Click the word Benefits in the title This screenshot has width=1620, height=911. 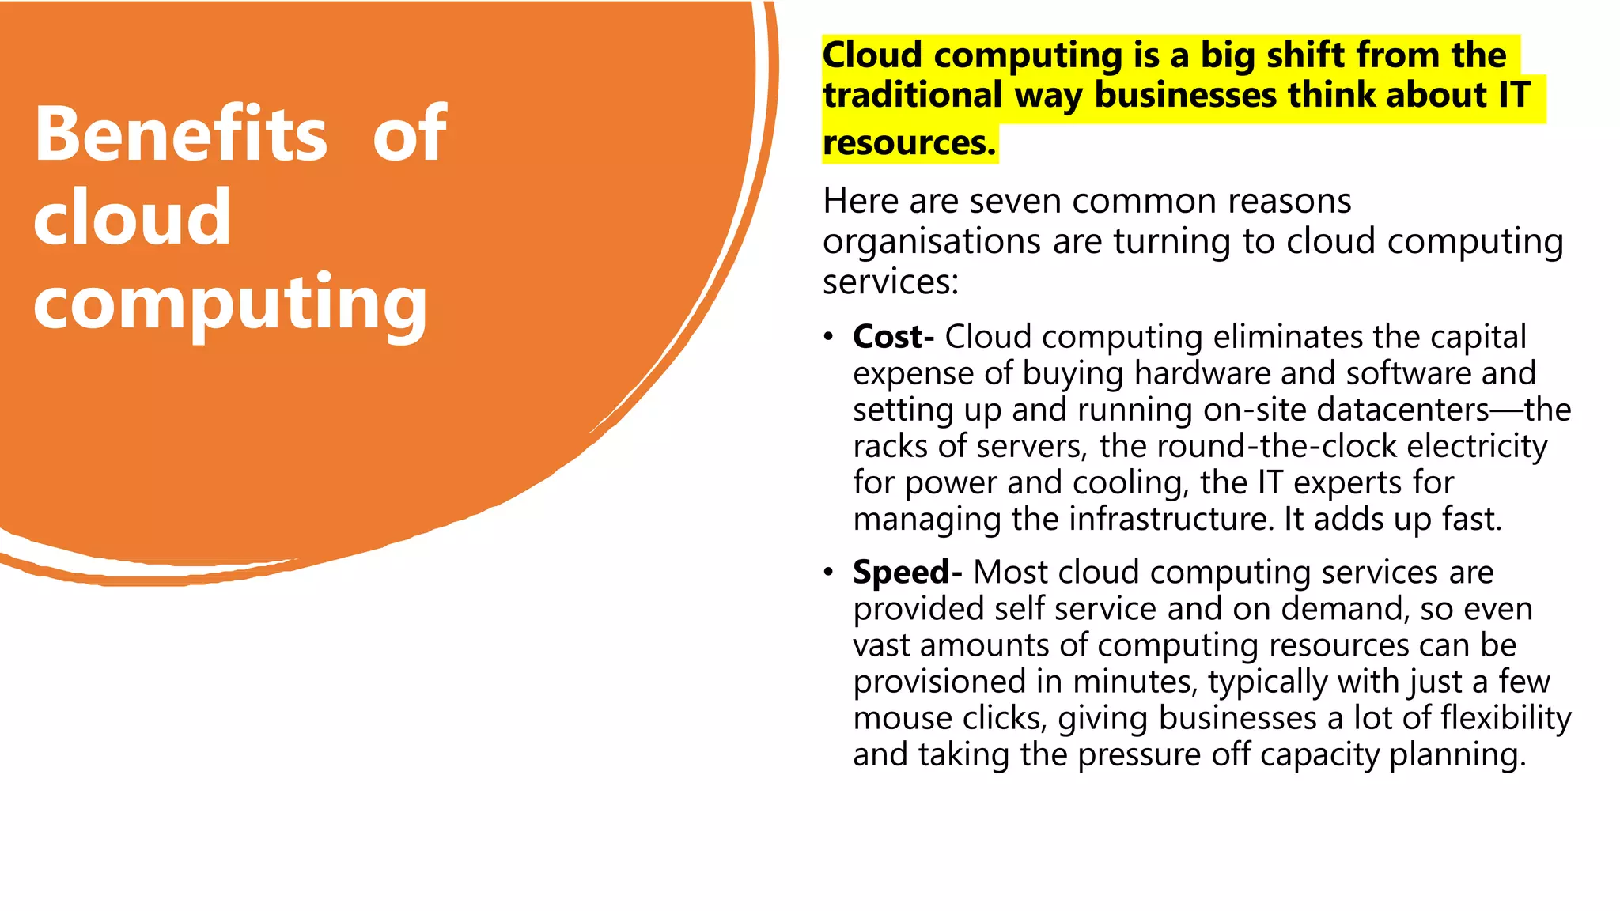tap(180, 134)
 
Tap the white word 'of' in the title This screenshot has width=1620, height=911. tap(409, 134)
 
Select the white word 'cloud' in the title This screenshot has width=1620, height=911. tap(132, 217)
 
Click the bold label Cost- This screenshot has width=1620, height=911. tap(893, 337)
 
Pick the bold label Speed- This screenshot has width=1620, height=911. tap(907, 572)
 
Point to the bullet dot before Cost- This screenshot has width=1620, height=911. tap(828, 338)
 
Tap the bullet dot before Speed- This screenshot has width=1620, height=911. tap(828, 573)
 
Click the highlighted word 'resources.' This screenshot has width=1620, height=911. tap(909, 143)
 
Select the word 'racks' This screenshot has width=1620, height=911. tap(891, 446)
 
